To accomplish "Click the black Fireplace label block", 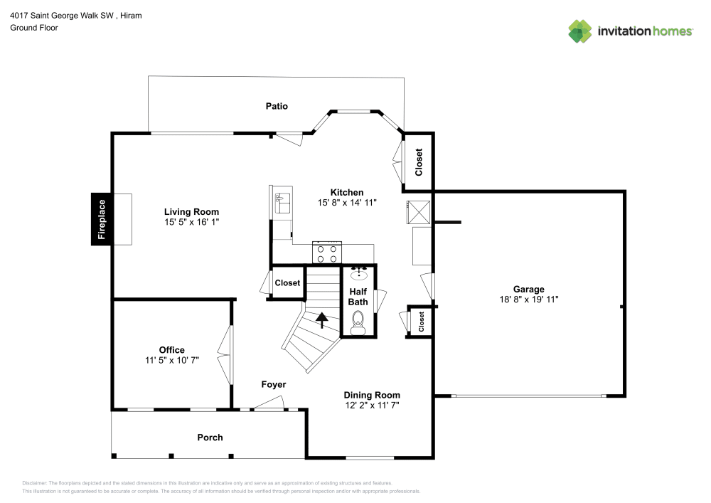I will [101, 219].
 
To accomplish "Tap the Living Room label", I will [191, 212].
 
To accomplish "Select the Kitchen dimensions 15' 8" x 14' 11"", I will [346, 203].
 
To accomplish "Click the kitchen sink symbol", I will [282, 202].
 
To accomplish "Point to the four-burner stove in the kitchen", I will [327, 253].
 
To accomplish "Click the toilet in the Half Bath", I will [358, 325].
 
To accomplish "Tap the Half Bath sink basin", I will [359, 272].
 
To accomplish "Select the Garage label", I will [528, 289].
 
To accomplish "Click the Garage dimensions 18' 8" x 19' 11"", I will [528, 300].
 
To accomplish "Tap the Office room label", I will [171, 350].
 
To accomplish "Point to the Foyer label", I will [274, 385].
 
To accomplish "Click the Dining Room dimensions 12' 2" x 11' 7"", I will [372, 406].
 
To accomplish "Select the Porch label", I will [210, 438].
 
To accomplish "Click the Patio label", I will [277, 106].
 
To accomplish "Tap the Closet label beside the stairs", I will [287, 283].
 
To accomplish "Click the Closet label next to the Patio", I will [419, 162].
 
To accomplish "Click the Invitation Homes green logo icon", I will [580, 31].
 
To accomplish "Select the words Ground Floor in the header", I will [33, 28].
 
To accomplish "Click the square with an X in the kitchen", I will [417, 212].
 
